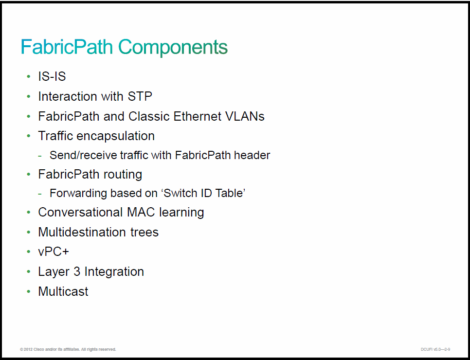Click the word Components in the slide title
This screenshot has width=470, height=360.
pos(173,47)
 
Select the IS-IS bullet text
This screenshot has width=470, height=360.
pos(52,76)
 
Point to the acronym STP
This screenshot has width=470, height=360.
pos(140,96)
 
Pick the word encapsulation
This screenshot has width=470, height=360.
pos(116,136)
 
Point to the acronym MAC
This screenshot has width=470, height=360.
pos(141,212)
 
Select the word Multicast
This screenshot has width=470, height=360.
pos(63,291)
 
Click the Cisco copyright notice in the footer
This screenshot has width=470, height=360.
pos(68,349)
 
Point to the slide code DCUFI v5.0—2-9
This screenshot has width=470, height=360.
pos(435,349)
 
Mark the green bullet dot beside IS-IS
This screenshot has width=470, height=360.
pos(29,77)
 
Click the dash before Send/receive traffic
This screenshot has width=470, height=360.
pos(40,156)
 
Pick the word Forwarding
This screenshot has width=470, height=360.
pos(78,194)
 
